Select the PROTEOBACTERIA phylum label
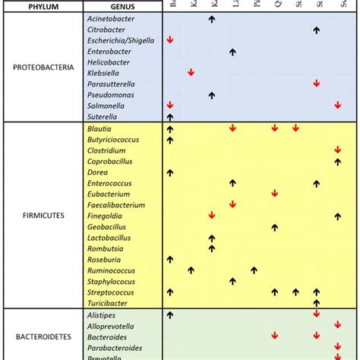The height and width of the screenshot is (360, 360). tap(43, 67)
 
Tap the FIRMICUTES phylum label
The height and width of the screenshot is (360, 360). tap(43, 215)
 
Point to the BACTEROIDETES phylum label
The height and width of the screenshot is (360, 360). tap(43, 333)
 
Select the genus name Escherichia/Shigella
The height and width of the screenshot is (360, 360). tap(120, 39)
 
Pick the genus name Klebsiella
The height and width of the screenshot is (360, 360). tap(104, 73)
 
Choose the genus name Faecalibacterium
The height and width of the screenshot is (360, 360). tap(116, 205)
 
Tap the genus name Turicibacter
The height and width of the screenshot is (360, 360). tap(109, 303)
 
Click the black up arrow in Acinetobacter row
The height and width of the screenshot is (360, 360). tap(212, 17)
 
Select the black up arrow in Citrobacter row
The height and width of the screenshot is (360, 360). tap(317, 29)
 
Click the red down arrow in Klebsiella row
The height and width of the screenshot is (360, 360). tap(191, 73)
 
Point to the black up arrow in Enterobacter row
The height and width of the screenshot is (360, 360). tap(233, 51)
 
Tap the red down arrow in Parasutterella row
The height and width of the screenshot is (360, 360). tap(317, 84)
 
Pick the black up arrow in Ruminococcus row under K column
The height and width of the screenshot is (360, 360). tap(191, 270)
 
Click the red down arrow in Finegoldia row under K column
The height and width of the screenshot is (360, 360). tap(212, 216)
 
